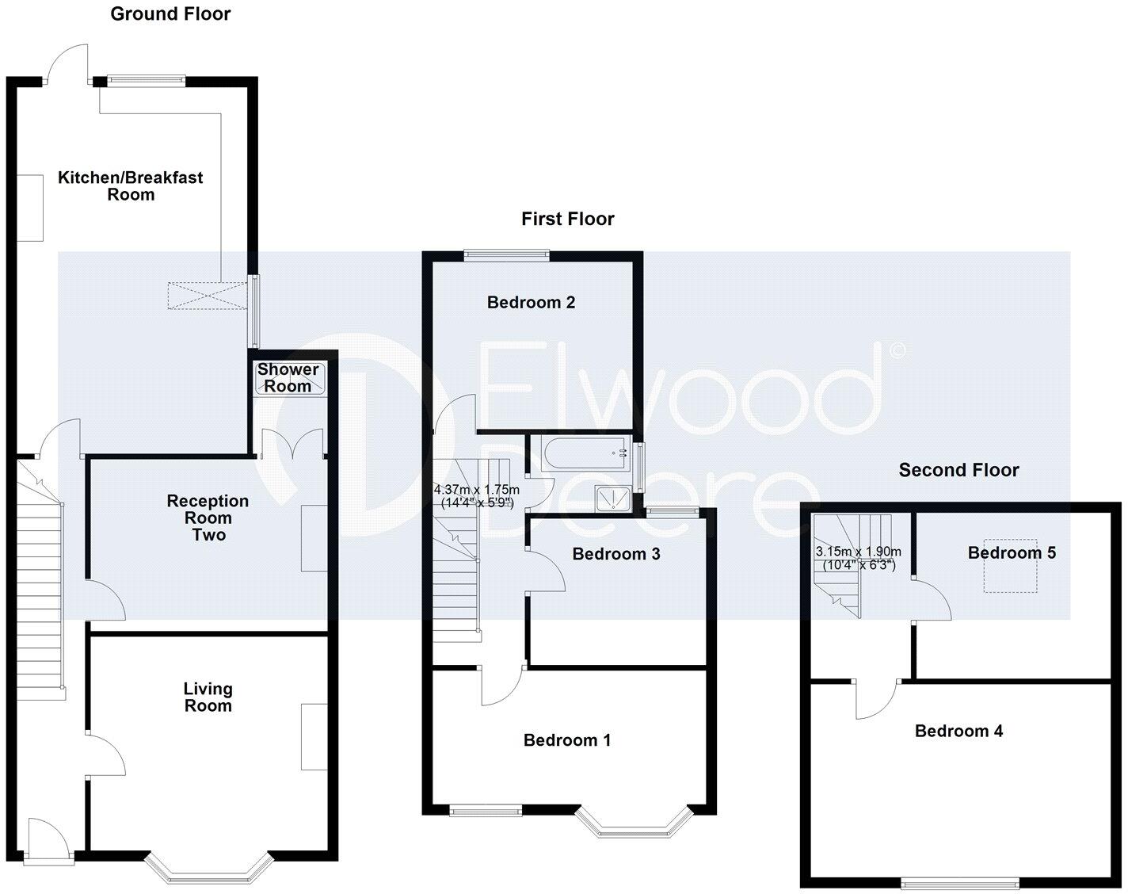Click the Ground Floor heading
[x=170, y=13]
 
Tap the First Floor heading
[x=567, y=219]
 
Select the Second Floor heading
[x=958, y=470]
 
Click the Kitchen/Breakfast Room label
[x=131, y=186]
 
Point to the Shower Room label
[x=288, y=377]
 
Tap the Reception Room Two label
[x=208, y=518]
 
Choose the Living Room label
[x=208, y=697]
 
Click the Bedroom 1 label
[x=567, y=740]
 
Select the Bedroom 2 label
[x=531, y=302]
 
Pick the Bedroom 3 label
[x=616, y=554]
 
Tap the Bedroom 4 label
[x=958, y=731]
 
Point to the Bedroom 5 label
[x=1012, y=552]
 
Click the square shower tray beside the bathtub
[x=612, y=499]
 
